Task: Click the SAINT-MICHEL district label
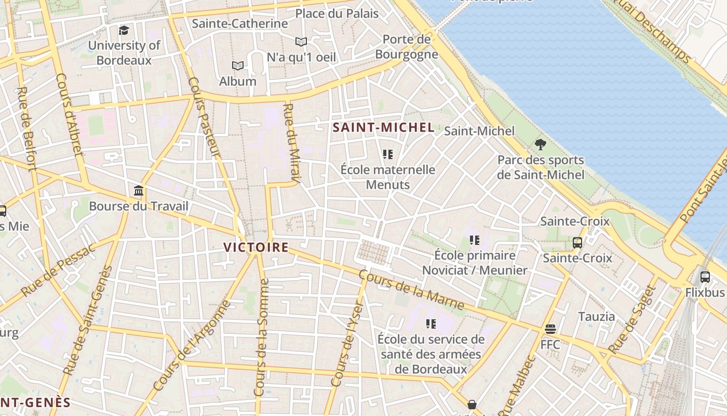pos(383,127)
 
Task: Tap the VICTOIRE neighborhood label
pos(255,247)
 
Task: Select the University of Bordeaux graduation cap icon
pos(124,30)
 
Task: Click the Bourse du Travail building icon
pos(139,191)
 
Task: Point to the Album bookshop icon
pos(238,66)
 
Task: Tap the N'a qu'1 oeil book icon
pos(301,42)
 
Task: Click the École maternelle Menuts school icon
pos(387,154)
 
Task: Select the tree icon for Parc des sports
pos(541,144)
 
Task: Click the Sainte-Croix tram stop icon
pos(577,242)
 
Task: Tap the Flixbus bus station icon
pos(705,277)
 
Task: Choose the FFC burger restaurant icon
pos(550,329)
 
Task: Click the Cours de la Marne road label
pos(411,290)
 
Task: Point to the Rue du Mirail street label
pos(291,143)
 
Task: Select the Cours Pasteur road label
pos(205,118)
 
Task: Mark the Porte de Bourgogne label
pos(406,47)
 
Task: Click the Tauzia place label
pos(597,316)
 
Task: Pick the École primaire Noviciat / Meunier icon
pos(474,240)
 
